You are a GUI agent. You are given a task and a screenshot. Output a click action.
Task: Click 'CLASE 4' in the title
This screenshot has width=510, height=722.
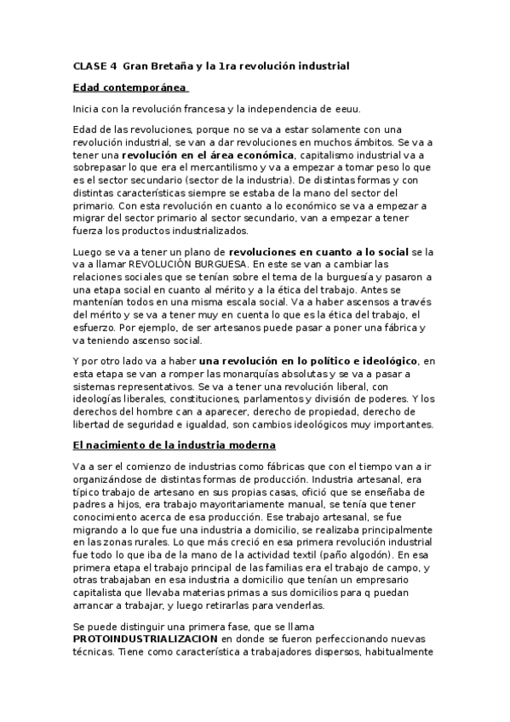point(95,66)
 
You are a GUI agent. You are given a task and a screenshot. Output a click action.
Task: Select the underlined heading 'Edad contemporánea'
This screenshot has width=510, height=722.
point(130,87)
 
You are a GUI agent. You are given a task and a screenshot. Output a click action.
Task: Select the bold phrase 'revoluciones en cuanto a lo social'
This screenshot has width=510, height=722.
point(318,253)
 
